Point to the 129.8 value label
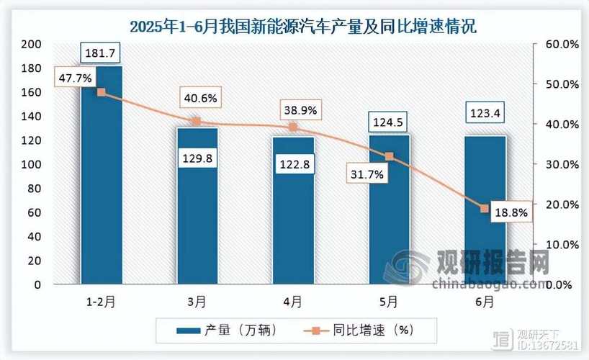tap(197, 159)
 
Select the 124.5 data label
tap(390, 117)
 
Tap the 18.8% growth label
tap(511, 213)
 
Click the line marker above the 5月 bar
tap(390, 156)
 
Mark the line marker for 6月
tap(485, 209)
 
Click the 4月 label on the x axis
tap(294, 302)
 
